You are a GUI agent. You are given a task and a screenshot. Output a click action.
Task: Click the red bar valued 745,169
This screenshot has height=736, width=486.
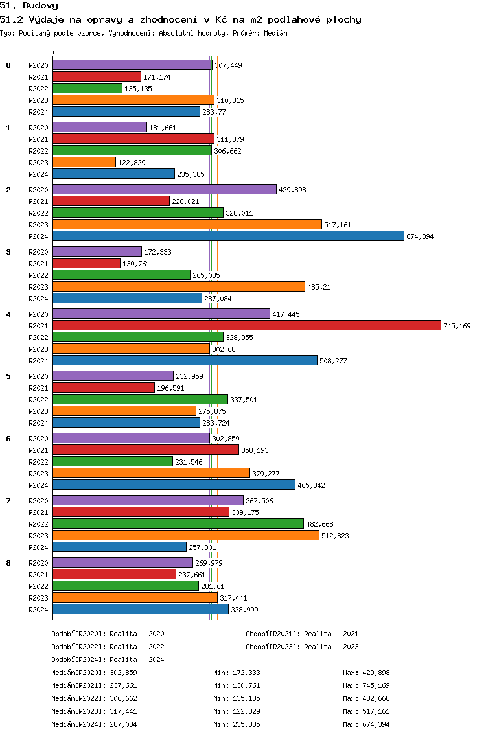[x=247, y=325]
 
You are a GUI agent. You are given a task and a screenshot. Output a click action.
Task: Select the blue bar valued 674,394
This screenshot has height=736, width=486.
[x=228, y=236]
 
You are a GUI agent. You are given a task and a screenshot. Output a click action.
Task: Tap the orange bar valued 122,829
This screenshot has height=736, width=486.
[x=84, y=163]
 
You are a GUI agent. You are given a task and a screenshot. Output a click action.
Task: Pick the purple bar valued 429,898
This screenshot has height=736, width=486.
[x=165, y=189]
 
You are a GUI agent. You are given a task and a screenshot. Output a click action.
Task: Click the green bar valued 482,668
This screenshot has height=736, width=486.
[x=178, y=524]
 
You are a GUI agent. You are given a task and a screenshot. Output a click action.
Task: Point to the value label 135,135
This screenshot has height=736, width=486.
[x=138, y=89]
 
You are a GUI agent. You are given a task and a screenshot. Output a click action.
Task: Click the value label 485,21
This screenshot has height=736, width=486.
[x=319, y=287]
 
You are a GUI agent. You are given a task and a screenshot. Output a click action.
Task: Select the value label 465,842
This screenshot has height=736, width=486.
[x=311, y=485]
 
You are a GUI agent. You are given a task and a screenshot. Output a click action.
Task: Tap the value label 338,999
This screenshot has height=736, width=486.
[x=245, y=610]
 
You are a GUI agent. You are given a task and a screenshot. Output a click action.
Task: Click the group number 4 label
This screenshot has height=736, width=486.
[x=8, y=314]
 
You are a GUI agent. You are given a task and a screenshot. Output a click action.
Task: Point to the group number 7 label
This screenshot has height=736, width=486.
[x=8, y=501]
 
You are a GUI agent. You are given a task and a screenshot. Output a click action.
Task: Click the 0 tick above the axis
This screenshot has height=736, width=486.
[x=52, y=52]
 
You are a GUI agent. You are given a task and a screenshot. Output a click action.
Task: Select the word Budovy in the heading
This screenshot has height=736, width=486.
[x=40, y=6]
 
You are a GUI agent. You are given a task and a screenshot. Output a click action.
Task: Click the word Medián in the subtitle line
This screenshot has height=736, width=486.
[x=275, y=33]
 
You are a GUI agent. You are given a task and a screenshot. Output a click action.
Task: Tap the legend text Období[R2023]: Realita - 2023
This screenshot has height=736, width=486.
[x=302, y=647]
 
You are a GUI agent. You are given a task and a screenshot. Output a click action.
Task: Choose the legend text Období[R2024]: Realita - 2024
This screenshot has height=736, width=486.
[x=108, y=660]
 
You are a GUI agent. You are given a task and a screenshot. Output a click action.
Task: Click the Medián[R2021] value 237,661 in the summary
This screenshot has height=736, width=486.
[x=124, y=685]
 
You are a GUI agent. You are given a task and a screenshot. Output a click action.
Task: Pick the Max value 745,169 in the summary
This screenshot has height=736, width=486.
[x=376, y=685]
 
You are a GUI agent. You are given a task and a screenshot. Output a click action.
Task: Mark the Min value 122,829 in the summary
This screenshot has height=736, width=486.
[x=246, y=711]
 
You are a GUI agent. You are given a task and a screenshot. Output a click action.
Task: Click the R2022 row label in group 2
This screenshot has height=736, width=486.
[x=38, y=213]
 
